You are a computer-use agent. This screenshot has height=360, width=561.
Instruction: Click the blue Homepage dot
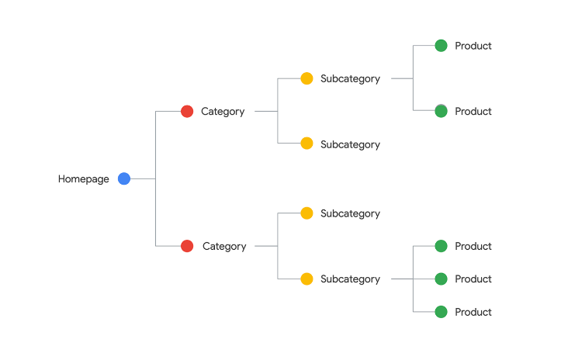click(124, 178)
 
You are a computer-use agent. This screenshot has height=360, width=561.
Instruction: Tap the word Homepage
click(84, 179)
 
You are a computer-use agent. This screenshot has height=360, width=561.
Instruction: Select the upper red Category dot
click(187, 111)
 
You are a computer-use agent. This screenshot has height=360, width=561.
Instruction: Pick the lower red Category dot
click(187, 246)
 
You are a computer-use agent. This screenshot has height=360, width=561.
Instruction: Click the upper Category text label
click(223, 112)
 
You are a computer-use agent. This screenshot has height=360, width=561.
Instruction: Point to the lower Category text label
click(224, 247)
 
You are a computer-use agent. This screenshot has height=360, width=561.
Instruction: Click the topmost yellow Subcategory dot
click(306, 78)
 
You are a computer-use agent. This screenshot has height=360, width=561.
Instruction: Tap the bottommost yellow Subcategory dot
click(306, 279)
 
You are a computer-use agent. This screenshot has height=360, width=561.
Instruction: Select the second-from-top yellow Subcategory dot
click(306, 143)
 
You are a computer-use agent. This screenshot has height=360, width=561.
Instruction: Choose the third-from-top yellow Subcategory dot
click(306, 213)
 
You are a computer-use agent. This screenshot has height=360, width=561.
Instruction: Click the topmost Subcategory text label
click(350, 78)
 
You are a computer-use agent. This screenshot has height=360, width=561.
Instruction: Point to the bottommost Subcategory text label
click(350, 279)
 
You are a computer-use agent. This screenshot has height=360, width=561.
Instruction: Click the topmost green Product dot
click(442, 46)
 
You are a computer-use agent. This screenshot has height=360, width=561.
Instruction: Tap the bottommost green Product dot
click(442, 312)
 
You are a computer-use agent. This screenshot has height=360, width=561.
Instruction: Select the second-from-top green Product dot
click(442, 111)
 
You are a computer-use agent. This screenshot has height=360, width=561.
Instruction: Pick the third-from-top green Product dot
click(442, 246)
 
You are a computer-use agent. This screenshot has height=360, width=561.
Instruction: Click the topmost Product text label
click(473, 46)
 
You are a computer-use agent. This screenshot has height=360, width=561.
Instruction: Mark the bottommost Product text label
click(473, 312)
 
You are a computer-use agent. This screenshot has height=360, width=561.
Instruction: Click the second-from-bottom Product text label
click(473, 279)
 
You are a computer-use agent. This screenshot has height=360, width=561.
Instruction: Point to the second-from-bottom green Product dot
click(442, 279)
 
